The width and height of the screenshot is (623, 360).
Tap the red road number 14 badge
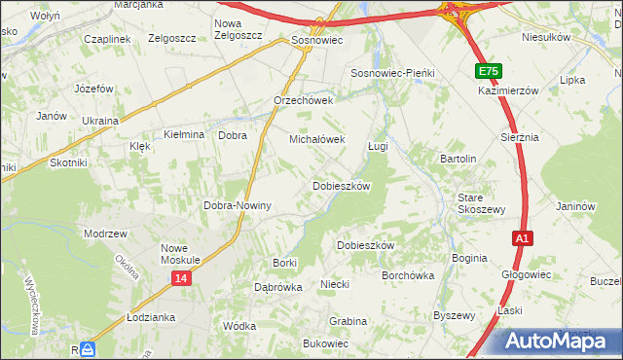(x=181, y=278)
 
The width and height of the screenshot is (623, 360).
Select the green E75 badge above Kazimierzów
(x=489, y=72)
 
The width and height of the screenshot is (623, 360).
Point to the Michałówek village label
(x=317, y=139)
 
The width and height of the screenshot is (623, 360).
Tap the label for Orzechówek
(x=304, y=100)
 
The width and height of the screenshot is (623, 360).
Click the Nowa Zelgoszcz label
(x=228, y=29)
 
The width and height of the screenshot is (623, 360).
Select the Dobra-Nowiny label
(x=237, y=206)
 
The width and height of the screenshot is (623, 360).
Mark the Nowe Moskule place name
(x=180, y=254)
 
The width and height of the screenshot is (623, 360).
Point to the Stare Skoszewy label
(x=482, y=203)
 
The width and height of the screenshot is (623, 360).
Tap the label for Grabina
(x=348, y=321)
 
